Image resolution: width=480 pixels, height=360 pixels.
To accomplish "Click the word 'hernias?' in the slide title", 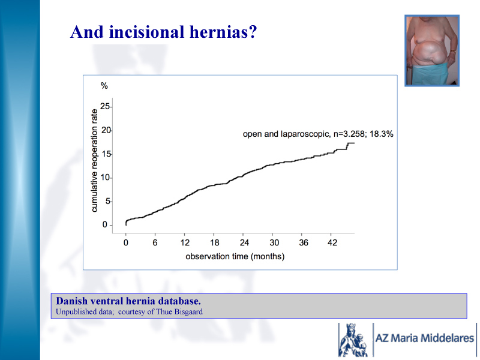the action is pos(223,32).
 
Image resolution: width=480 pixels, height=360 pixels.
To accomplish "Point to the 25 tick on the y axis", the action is pos(105,107).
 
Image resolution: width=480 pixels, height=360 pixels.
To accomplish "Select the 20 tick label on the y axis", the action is pos(106,130).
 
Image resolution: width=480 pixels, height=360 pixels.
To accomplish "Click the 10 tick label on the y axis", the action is pos(105,178).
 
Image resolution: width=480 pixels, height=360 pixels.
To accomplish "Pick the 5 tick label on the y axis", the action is pos(107,202).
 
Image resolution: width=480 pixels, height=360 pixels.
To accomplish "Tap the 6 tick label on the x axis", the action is pos(155,243).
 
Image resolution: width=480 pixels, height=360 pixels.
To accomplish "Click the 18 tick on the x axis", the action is pos(215,243).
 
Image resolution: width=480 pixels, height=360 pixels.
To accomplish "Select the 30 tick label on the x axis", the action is pos(274,243).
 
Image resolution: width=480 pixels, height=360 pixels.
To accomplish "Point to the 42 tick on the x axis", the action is pos(332,243).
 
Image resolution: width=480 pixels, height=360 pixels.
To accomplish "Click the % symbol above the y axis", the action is pos(104,86).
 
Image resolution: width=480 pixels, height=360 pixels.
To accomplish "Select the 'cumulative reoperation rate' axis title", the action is pos(94,160).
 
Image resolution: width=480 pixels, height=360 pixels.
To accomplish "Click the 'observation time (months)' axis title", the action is pos(235,257).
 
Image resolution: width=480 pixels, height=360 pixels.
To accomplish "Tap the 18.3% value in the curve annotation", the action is pos(382,134).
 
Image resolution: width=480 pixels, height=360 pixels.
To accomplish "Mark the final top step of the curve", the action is pos(351,143).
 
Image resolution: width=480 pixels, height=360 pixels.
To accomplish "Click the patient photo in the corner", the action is pos(432,50).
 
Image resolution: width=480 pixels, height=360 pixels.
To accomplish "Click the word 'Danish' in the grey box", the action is pos(71,301).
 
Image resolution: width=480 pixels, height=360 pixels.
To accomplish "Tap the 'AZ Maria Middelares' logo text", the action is pos(425,338).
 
